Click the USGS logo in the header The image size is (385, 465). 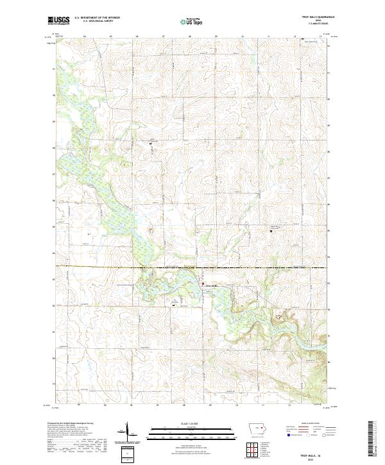pyautogui.click(x=58, y=21)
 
